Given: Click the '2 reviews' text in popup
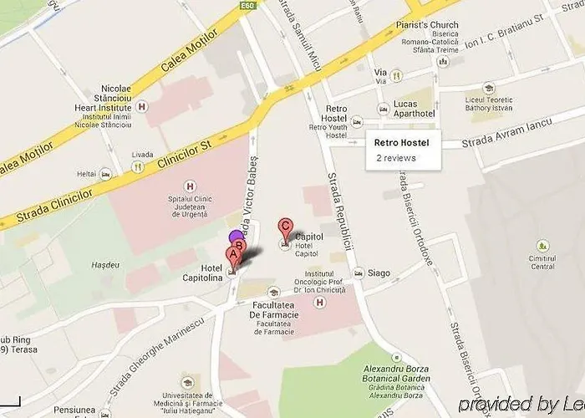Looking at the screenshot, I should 395,157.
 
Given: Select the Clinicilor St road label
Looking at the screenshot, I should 184,155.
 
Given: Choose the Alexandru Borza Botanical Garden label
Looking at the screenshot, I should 397,374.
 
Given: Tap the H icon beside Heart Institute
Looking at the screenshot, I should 142,106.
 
